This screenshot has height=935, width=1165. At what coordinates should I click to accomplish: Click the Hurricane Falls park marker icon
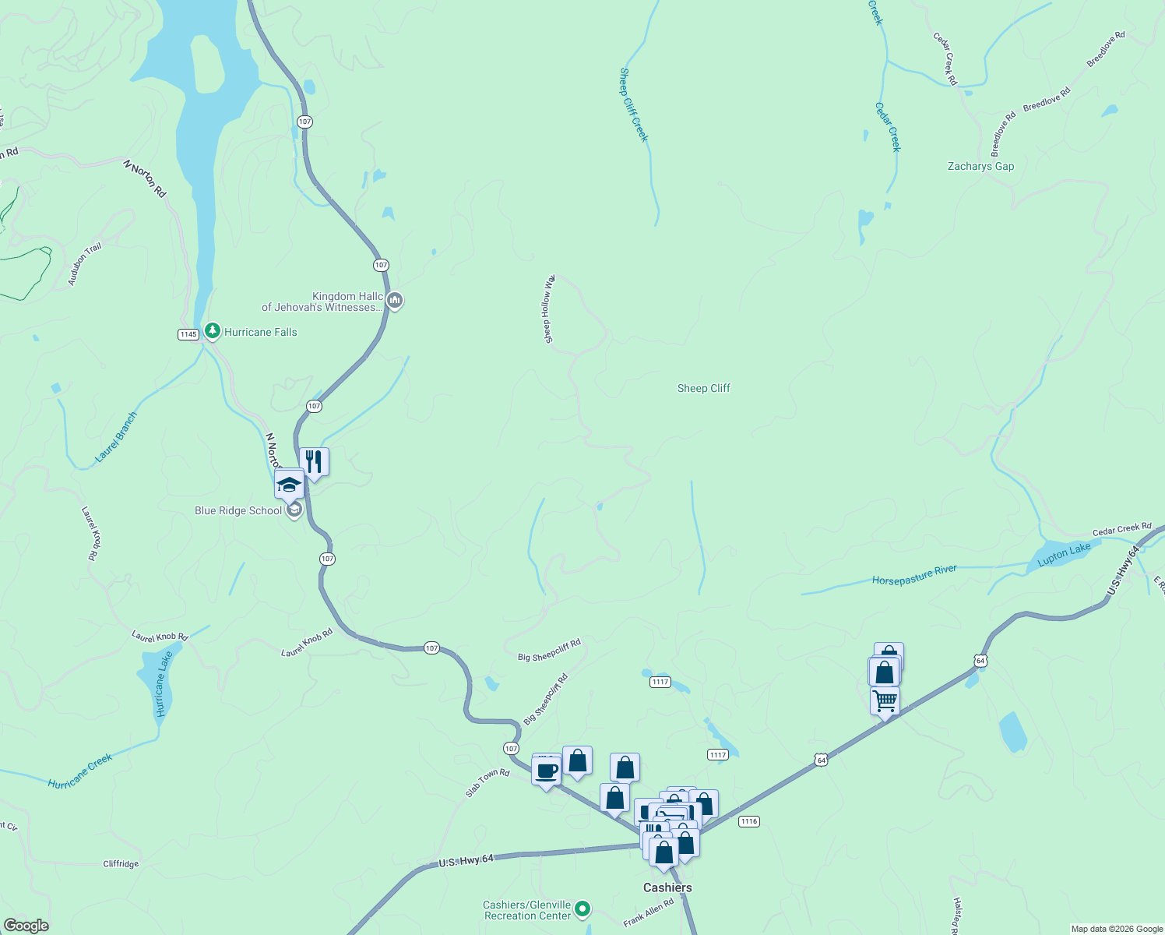point(212,331)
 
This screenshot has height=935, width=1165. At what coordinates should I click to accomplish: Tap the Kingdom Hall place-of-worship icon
point(395,300)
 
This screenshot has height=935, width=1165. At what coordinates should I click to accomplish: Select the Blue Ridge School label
point(238,510)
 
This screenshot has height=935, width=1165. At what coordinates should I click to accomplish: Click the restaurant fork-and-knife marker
point(314,462)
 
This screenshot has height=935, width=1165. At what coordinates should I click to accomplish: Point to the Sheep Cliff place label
point(704,388)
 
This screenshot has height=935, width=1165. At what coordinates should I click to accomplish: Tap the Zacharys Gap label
point(980,166)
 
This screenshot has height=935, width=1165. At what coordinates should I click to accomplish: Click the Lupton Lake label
point(1064,554)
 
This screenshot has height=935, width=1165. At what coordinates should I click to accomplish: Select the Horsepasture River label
point(914,576)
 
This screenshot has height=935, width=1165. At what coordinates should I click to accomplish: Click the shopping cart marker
point(885,700)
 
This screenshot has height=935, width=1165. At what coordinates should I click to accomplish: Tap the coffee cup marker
point(546,771)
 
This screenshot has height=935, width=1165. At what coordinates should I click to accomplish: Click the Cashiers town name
point(667,887)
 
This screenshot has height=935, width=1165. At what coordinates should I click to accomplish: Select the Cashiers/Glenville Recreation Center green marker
point(582,909)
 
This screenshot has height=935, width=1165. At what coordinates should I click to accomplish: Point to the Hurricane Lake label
point(163,684)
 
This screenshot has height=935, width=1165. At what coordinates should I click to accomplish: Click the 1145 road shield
point(188,334)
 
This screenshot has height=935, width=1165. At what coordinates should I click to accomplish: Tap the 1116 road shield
point(748,821)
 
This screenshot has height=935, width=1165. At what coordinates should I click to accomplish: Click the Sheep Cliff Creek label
point(633,105)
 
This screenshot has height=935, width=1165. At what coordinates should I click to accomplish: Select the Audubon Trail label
point(85,264)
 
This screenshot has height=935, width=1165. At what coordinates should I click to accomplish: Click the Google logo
point(26,926)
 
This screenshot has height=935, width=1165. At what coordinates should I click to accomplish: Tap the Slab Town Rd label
point(487,783)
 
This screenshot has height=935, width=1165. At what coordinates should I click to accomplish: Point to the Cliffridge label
point(121,863)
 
